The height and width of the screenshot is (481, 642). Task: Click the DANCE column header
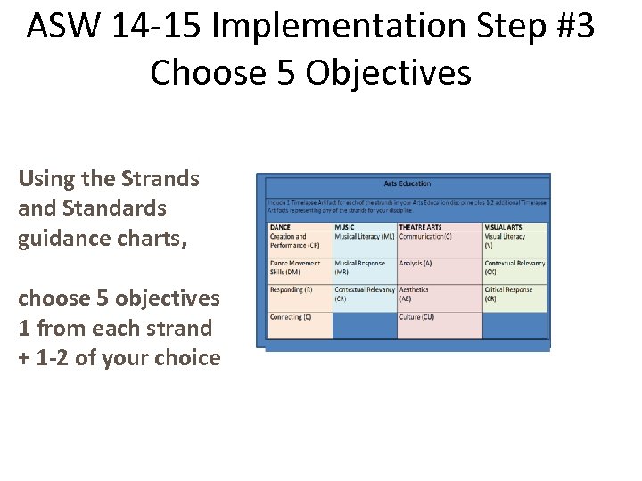coord(280,227)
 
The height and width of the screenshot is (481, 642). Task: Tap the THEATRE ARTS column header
coord(420,227)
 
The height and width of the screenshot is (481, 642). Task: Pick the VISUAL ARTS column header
coord(505,227)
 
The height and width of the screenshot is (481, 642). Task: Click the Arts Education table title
coord(407,183)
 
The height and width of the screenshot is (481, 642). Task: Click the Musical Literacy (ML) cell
coord(364,237)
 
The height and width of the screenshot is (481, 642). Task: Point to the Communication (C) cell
coord(425,237)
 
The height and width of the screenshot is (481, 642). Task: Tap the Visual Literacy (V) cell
coord(505,240)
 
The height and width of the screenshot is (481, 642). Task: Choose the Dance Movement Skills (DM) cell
coord(295,267)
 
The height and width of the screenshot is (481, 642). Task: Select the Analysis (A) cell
coord(416,264)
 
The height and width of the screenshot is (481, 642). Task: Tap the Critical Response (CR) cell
coord(508,294)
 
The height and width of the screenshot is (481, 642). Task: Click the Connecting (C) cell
coord(291,317)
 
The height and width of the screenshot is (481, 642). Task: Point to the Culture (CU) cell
coord(416,317)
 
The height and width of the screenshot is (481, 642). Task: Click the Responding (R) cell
coord(291,289)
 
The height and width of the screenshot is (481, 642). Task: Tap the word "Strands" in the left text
coord(163,178)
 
